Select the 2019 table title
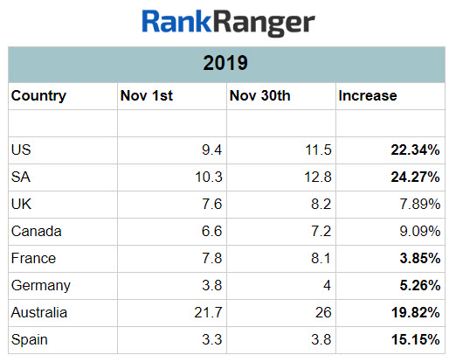(227, 64)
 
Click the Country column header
(38, 96)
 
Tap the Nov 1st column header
(146, 96)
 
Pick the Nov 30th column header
(259, 96)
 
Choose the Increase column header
(367, 96)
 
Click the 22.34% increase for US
(416, 150)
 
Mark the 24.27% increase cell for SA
(416, 178)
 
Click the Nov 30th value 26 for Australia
(322, 312)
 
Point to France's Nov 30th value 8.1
(321, 258)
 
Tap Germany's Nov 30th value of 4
(328, 285)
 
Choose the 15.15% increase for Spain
(416, 339)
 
